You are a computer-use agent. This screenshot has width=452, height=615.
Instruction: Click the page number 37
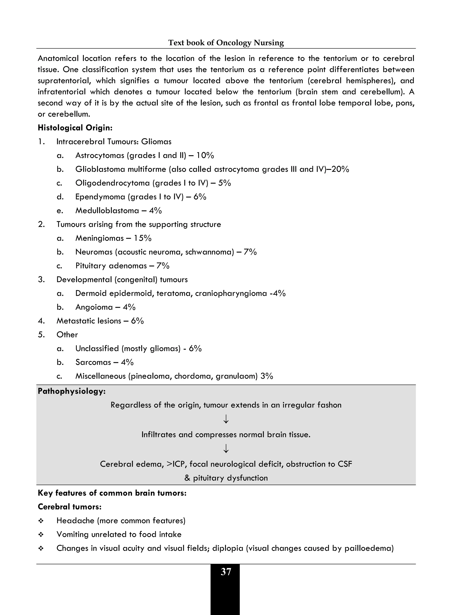226,572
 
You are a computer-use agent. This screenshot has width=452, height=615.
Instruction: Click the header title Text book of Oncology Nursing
226,43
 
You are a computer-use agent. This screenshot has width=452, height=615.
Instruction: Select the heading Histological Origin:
75,128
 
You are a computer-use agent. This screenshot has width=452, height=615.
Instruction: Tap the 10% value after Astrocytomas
205,155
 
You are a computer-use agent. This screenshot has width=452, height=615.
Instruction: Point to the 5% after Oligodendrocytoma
224,183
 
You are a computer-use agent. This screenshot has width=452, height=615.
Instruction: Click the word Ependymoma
99,197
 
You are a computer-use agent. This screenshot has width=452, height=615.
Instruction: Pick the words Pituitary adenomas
111,266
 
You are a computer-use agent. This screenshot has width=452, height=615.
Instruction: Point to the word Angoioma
94,307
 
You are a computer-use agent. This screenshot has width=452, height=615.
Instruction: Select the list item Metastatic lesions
89,321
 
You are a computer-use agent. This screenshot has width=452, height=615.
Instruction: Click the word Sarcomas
93,362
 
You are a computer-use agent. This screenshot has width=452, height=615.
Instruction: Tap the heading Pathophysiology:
72,391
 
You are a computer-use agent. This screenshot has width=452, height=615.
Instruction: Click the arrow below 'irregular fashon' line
226,419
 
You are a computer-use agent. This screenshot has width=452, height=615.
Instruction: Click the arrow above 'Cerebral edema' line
226,448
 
